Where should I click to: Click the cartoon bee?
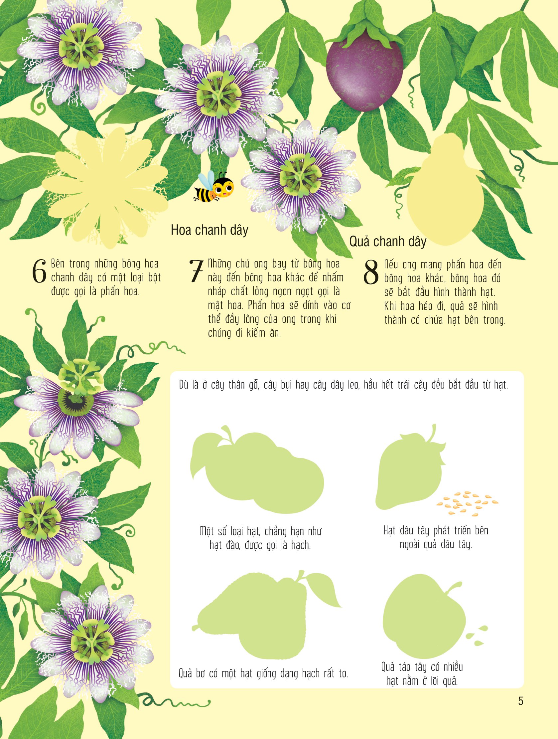(214, 187)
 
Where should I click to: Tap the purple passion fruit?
(364, 74)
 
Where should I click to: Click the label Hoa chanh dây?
(210, 231)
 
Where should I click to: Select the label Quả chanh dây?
(388, 242)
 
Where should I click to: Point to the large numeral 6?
(39, 271)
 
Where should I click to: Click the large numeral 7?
(196, 271)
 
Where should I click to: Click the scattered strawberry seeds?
(467, 502)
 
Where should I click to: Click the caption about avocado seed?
(263, 673)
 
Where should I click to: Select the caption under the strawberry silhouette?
(436, 538)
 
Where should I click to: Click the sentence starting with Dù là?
(344, 385)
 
